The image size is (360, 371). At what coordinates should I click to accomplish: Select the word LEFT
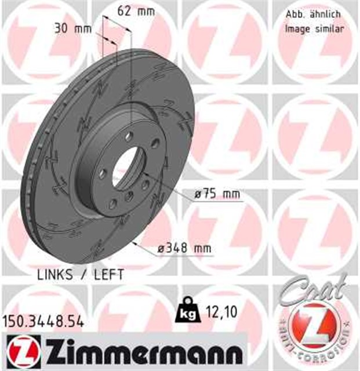pos(107,274)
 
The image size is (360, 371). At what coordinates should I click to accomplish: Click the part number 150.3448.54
pos(43,319)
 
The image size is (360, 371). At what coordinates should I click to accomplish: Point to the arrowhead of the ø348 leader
pos(134,244)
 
